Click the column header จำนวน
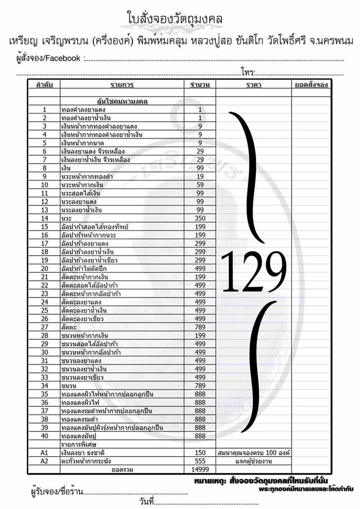click(x=200, y=85)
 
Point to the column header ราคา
click(x=253, y=85)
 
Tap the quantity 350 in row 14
click(x=200, y=218)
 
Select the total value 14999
click(x=200, y=469)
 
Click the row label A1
click(x=44, y=452)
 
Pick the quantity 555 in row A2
click(x=200, y=460)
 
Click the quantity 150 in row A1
click(x=200, y=452)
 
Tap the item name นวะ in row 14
click(x=67, y=218)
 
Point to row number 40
click(x=44, y=435)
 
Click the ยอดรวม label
click(x=122, y=469)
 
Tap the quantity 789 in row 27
click(x=200, y=327)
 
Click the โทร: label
click(x=248, y=72)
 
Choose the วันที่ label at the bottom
click(x=145, y=501)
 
